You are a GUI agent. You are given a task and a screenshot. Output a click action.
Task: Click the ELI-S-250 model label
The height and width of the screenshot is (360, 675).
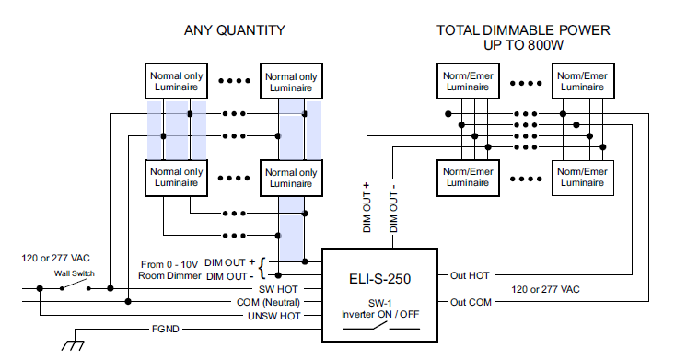click(x=379, y=279)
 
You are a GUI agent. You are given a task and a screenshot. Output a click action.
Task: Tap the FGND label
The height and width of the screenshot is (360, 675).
click(x=166, y=329)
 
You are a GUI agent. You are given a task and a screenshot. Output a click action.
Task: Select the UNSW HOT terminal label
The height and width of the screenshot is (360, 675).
click(x=273, y=316)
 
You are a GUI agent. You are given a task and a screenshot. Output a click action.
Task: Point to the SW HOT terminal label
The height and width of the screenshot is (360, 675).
click(x=278, y=289)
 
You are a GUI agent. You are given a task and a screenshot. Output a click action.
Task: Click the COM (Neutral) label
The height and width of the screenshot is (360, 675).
click(x=268, y=303)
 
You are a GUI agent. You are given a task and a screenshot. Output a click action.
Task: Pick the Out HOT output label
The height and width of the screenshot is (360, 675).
click(x=470, y=275)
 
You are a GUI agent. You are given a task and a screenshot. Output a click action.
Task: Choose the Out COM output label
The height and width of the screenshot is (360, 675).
click(x=471, y=302)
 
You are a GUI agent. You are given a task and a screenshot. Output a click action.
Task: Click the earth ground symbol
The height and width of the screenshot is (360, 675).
click(x=73, y=344)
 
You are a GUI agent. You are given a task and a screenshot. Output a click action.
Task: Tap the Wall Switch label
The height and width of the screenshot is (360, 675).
click(x=74, y=273)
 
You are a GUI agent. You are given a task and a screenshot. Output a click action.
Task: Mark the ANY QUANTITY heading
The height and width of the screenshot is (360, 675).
click(x=235, y=30)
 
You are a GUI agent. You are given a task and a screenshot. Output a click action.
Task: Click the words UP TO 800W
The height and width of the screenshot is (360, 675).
click(x=523, y=45)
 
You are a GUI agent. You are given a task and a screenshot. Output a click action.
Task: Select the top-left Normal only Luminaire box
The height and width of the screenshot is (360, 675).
click(x=177, y=81)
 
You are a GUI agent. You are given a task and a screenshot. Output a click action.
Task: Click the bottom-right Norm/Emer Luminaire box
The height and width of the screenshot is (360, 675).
click(x=583, y=178)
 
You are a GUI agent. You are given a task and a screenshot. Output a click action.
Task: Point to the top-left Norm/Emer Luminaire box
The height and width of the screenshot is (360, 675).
click(x=468, y=81)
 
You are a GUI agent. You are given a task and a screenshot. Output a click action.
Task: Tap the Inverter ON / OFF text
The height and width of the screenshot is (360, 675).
click(x=380, y=314)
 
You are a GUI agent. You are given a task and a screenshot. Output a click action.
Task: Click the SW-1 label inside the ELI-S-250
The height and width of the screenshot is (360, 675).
click(x=379, y=303)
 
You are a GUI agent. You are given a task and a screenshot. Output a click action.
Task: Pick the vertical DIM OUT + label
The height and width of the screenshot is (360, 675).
click(x=367, y=207)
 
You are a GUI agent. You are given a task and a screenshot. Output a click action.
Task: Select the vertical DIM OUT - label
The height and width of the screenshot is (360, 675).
click(x=393, y=208)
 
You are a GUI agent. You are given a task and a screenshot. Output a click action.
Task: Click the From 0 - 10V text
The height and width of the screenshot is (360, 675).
click(x=169, y=264)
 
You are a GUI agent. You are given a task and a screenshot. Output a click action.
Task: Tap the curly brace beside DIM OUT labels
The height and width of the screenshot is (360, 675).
click(x=262, y=268)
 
